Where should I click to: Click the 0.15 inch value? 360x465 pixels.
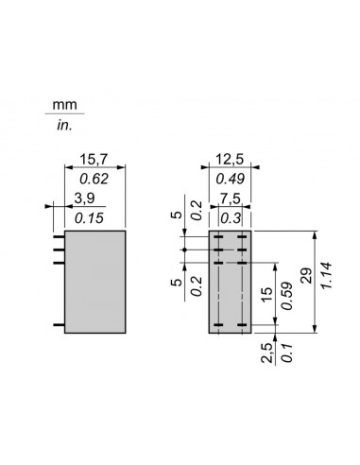(x=87, y=215)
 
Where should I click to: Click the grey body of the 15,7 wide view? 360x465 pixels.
(x=95, y=281)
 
